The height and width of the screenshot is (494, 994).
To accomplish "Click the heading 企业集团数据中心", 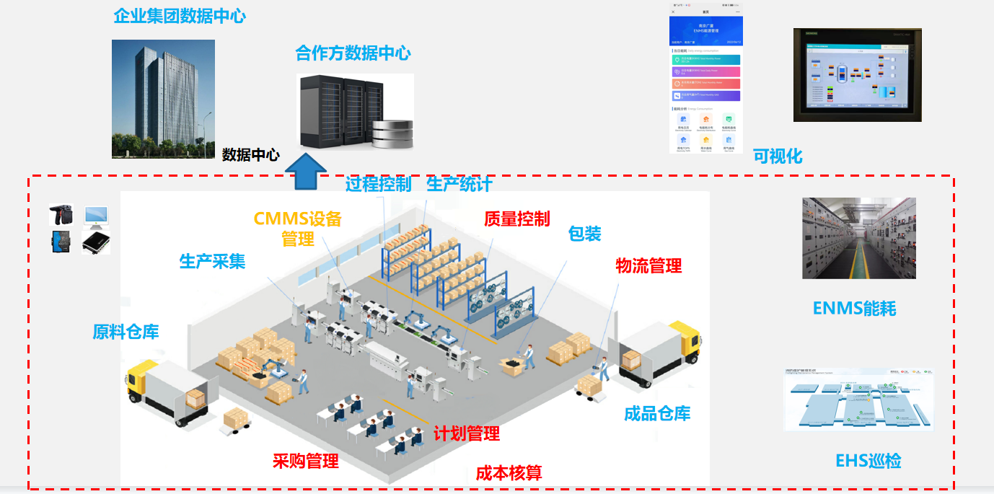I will (180, 16).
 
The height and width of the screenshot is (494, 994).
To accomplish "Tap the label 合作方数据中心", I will (353, 53).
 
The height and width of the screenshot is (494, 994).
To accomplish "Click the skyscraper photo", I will (163, 99).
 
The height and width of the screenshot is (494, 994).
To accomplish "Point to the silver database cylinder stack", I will (393, 133).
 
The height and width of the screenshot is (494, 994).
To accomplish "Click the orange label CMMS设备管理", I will (297, 228).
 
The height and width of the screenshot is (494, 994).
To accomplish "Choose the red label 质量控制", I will (517, 219).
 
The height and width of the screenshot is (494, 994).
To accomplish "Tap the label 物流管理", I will (648, 265).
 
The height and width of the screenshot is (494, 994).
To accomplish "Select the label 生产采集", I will (212, 261).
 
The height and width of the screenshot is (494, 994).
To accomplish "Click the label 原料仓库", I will (126, 332).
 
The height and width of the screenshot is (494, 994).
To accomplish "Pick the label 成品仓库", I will (657, 413).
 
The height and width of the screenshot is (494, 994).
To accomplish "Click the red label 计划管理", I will (466, 433).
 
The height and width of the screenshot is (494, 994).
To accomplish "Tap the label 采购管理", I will (305, 461).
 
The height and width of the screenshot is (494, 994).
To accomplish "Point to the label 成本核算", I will (509, 473).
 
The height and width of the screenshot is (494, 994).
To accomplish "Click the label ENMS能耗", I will (854, 309).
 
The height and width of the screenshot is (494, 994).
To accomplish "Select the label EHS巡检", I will (868, 461).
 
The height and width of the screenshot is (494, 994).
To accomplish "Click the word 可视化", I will (778, 156).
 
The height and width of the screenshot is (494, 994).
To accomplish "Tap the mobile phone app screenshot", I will (705, 79).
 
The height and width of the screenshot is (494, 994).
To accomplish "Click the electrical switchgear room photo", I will (858, 238).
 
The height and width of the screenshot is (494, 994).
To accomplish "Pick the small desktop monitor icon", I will (96, 215).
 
